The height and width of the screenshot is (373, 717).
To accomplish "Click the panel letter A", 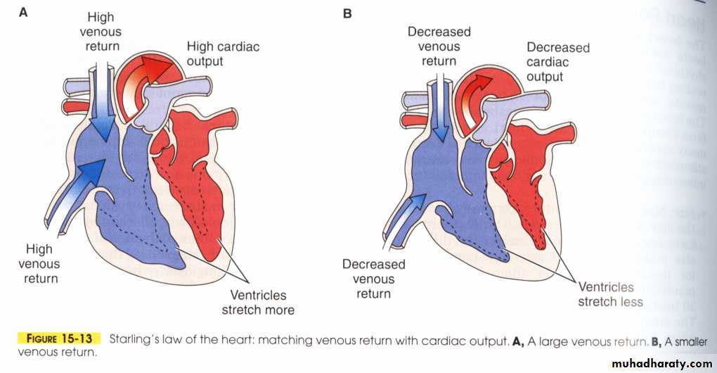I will (x=23, y=13).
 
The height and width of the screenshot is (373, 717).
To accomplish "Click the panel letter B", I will (x=347, y=13).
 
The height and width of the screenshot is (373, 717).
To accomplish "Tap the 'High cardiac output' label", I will (x=222, y=53).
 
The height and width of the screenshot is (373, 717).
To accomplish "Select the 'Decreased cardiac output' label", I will (x=557, y=61).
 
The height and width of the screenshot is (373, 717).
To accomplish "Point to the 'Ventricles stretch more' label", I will (x=258, y=302).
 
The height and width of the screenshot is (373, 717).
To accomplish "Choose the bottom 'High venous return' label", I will (x=39, y=263).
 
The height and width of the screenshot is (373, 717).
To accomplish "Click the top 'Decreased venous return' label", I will (x=439, y=46).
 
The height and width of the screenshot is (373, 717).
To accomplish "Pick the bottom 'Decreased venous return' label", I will (x=373, y=279).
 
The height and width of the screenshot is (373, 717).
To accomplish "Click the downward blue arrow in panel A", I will (x=103, y=102).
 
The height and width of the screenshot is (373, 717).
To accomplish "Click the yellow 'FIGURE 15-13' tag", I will (x=59, y=339).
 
